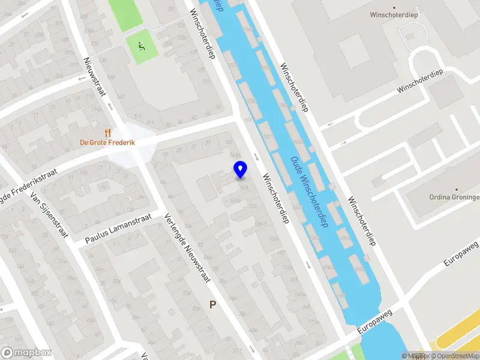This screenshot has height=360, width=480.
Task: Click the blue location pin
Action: [x=240, y=169]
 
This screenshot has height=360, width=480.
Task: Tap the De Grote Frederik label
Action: [x=108, y=143]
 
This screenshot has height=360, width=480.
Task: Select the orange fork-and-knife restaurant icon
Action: [x=108, y=132]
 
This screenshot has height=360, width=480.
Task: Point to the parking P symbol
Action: [x=212, y=305]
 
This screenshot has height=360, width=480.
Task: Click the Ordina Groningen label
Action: [x=454, y=197]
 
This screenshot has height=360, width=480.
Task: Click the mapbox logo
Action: [x=26, y=353]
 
